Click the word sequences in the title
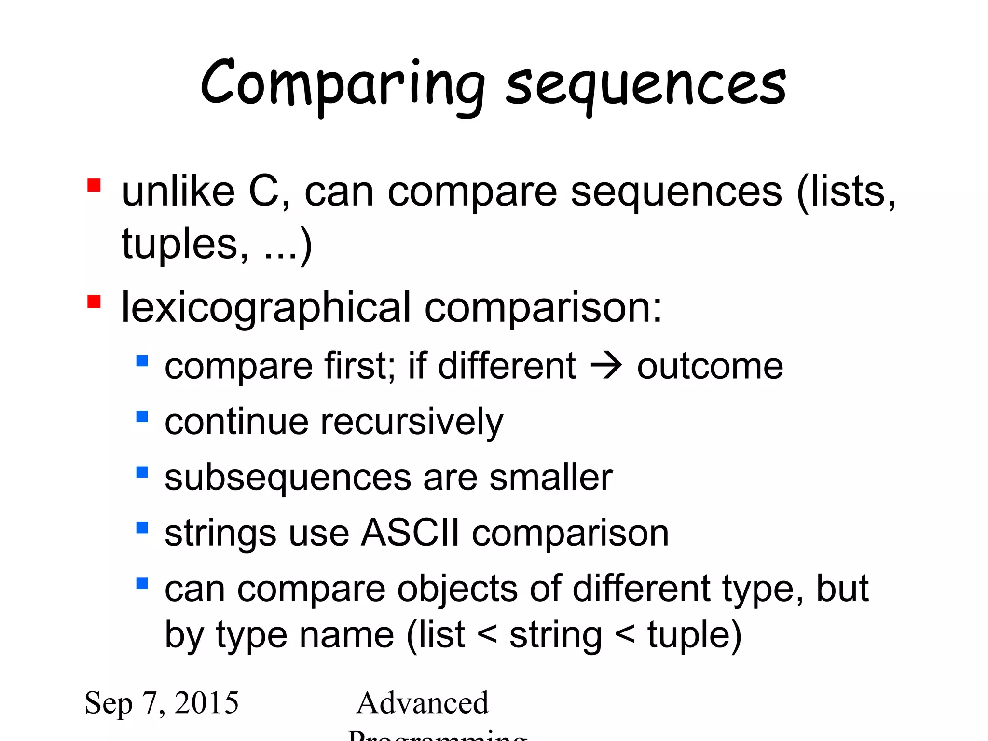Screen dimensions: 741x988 click(x=645, y=86)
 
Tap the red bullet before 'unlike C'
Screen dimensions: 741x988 click(x=94, y=186)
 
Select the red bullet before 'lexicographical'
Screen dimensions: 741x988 click(x=94, y=302)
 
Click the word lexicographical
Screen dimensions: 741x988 click(x=266, y=309)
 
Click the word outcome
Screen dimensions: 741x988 click(x=710, y=367)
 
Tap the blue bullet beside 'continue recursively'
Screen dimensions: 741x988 click(x=142, y=416)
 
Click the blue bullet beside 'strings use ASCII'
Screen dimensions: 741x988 click(x=142, y=528)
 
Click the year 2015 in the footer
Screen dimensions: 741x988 click(x=206, y=702)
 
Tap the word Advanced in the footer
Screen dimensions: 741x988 click(x=423, y=703)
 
